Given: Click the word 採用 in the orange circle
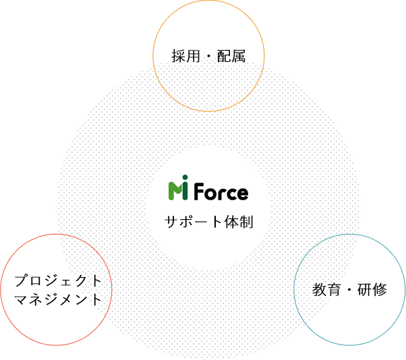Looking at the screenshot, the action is click(186, 56).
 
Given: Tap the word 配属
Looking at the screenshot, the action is click(231, 56).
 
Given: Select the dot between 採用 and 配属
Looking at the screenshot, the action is click(208, 57).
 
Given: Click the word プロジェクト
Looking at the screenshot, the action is click(58, 281).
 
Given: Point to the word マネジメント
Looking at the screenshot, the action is click(58, 299).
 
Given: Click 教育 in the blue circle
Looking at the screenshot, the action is click(326, 290).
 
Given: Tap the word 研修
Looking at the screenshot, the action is click(372, 290).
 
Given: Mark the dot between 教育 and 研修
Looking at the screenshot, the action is click(349, 290).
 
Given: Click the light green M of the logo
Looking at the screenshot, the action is click(175, 191).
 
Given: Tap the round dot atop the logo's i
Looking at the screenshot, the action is click(185, 177).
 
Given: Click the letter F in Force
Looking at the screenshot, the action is click(199, 191).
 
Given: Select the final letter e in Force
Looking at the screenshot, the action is click(242, 193).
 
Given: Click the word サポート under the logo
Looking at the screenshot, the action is click(194, 222).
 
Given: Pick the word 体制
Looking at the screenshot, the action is click(239, 222).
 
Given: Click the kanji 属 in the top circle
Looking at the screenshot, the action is click(239, 56).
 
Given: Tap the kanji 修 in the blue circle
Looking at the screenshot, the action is click(380, 290).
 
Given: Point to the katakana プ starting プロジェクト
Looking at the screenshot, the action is click(21, 281).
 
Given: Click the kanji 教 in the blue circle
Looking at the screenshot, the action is click(319, 290).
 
